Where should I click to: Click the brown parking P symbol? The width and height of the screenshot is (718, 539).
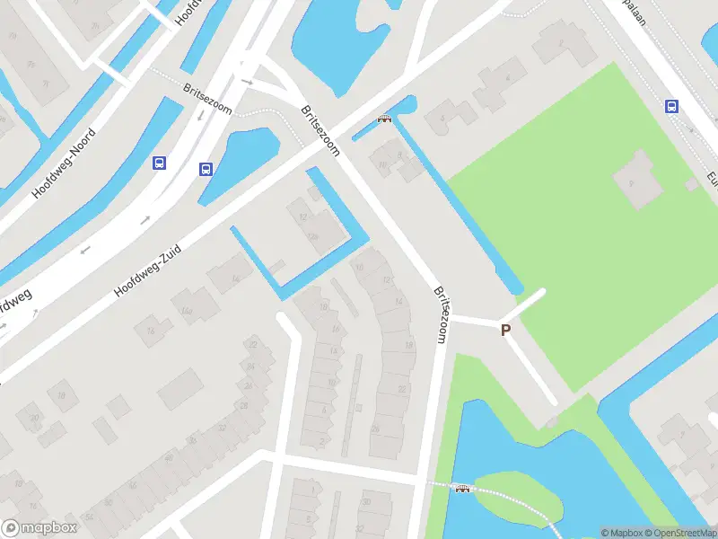[x=505, y=331]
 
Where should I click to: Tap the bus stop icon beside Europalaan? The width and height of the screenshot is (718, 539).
[x=671, y=106]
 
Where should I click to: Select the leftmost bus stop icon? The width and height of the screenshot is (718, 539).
[x=160, y=163]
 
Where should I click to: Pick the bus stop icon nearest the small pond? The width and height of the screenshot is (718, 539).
[x=206, y=168]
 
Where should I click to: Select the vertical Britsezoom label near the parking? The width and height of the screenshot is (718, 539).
[x=440, y=315]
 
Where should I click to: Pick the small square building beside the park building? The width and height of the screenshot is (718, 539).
[x=691, y=184]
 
